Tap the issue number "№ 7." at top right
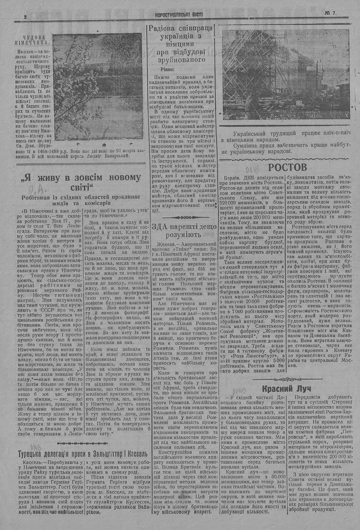[x=330, y=13]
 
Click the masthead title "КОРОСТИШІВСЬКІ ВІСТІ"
[x=179, y=15]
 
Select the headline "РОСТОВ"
[x=287, y=167]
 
